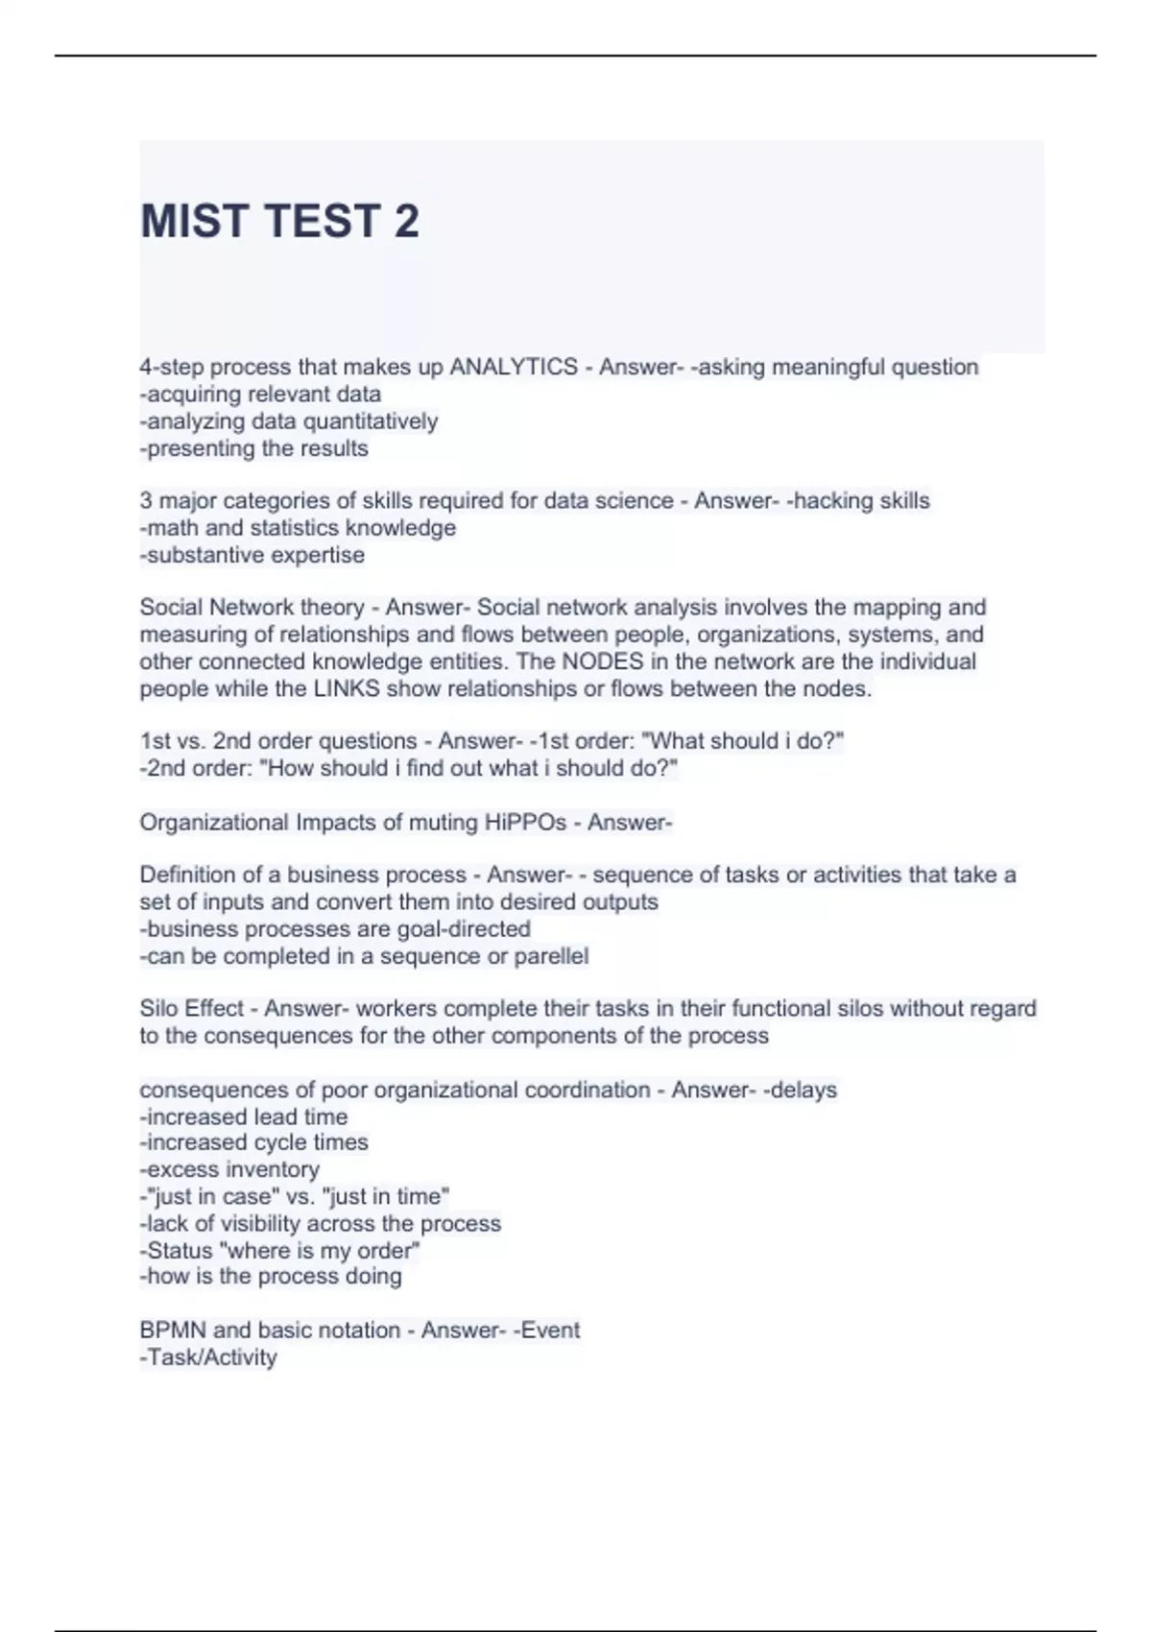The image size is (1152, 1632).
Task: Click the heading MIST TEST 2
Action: [x=279, y=222]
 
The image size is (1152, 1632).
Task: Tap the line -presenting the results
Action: [x=253, y=448]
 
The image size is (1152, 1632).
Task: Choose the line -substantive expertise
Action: [x=252, y=555]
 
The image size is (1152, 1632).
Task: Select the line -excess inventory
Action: [x=229, y=1169]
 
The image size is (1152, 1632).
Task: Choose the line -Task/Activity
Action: [x=208, y=1357]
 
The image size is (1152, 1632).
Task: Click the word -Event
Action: [x=546, y=1331]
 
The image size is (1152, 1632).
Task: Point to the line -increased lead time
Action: [x=244, y=1116]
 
